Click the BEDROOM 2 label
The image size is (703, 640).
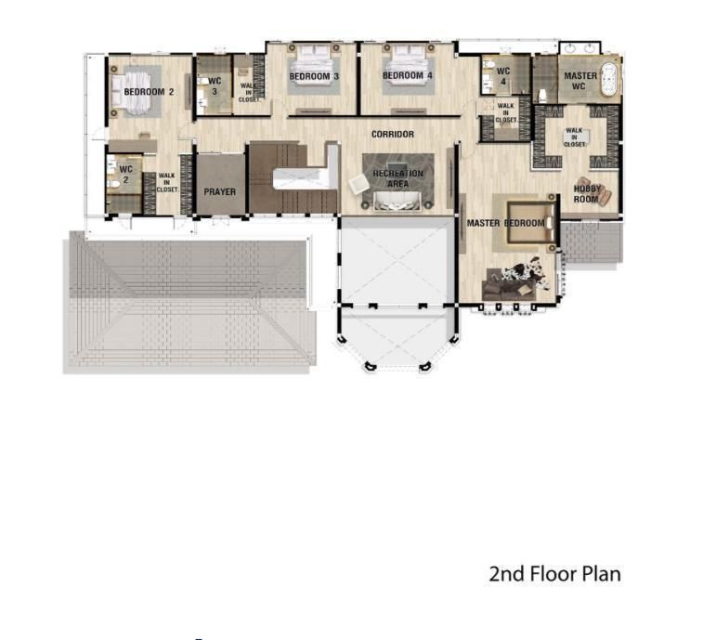149,92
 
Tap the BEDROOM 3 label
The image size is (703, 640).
314,77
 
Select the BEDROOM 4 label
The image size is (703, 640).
407,76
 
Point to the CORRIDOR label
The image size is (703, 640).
393,134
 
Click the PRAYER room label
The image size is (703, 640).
220,192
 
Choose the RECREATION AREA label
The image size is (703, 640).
398,178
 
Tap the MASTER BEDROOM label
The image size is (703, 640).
506,223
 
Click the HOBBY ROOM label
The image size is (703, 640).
586,194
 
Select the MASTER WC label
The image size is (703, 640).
580,81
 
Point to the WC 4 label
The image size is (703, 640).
503,76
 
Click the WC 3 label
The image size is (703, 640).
215,86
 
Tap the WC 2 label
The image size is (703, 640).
125,175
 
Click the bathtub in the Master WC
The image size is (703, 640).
609,79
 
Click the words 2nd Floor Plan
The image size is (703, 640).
554,574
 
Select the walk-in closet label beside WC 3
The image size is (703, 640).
249,92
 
